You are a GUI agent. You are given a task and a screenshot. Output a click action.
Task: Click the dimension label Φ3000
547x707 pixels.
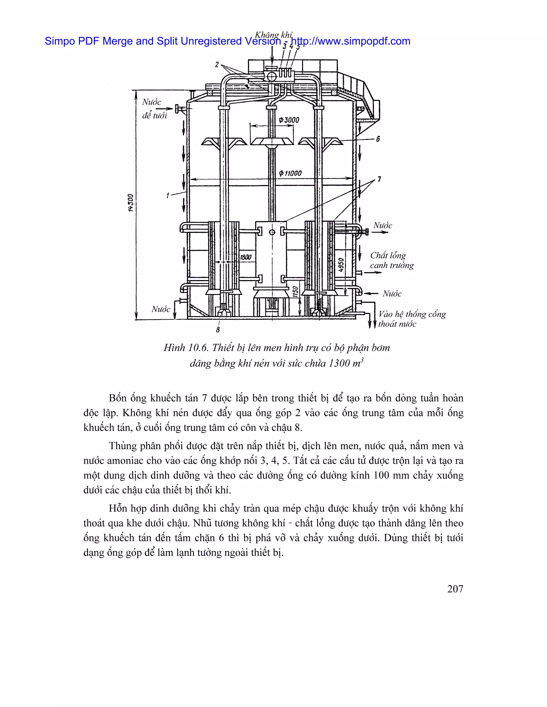(289, 120)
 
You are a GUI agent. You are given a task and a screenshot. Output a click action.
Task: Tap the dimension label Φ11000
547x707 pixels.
(290, 173)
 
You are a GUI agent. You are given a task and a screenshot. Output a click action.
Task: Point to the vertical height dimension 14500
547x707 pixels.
(131, 203)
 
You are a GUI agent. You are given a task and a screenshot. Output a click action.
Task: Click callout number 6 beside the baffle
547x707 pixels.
(378, 139)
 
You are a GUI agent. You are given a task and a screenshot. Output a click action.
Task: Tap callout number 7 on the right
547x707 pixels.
(379, 179)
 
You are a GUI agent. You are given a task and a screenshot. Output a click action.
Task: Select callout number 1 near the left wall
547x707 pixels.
(167, 196)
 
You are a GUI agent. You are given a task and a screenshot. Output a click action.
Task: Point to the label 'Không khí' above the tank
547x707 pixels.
(273, 35)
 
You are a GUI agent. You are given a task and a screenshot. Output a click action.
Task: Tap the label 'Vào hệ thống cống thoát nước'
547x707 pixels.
(412, 319)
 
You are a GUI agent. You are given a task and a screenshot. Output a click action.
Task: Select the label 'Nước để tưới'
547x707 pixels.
(154, 109)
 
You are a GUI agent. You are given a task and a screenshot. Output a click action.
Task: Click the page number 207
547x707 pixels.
(455, 589)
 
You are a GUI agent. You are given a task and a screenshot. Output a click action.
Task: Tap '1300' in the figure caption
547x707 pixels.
(339, 363)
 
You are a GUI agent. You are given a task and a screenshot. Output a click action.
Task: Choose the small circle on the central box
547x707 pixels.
(272, 232)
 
